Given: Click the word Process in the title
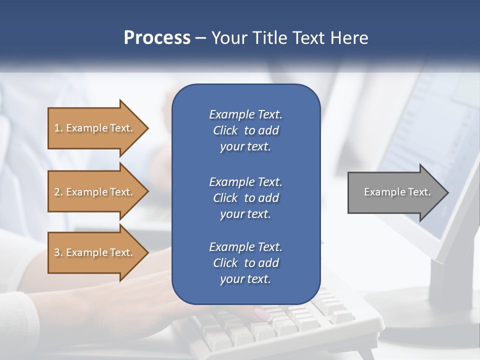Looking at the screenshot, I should tap(157, 38).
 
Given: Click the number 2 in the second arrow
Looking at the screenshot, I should tap(57, 192).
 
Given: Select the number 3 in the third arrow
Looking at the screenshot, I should tap(57, 252).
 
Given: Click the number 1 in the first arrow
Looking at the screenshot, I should tap(57, 128).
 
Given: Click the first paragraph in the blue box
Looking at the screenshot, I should tap(245, 130).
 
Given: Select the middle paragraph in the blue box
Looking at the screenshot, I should tap(245, 197).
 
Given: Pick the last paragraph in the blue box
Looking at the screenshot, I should tap(245, 263).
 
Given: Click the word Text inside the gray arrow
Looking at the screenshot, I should tap(419, 192).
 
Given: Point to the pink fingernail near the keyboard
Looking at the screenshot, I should tap(263, 314).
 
